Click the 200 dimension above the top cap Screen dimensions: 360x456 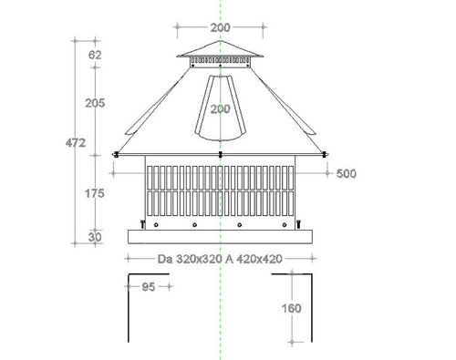[220, 27]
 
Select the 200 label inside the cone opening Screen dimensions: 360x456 [219, 109]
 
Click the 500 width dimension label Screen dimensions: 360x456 [346, 174]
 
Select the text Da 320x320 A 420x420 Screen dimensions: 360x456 [220, 259]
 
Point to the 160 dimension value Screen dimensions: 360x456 [291, 308]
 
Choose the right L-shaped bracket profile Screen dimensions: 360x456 [311, 310]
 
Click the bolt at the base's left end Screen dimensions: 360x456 [141, 222]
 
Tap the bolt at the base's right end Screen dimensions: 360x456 [297, 222]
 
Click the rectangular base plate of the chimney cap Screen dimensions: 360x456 [220, 236]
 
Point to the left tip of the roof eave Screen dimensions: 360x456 [113, 154]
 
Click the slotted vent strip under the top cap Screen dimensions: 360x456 [220, 61]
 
